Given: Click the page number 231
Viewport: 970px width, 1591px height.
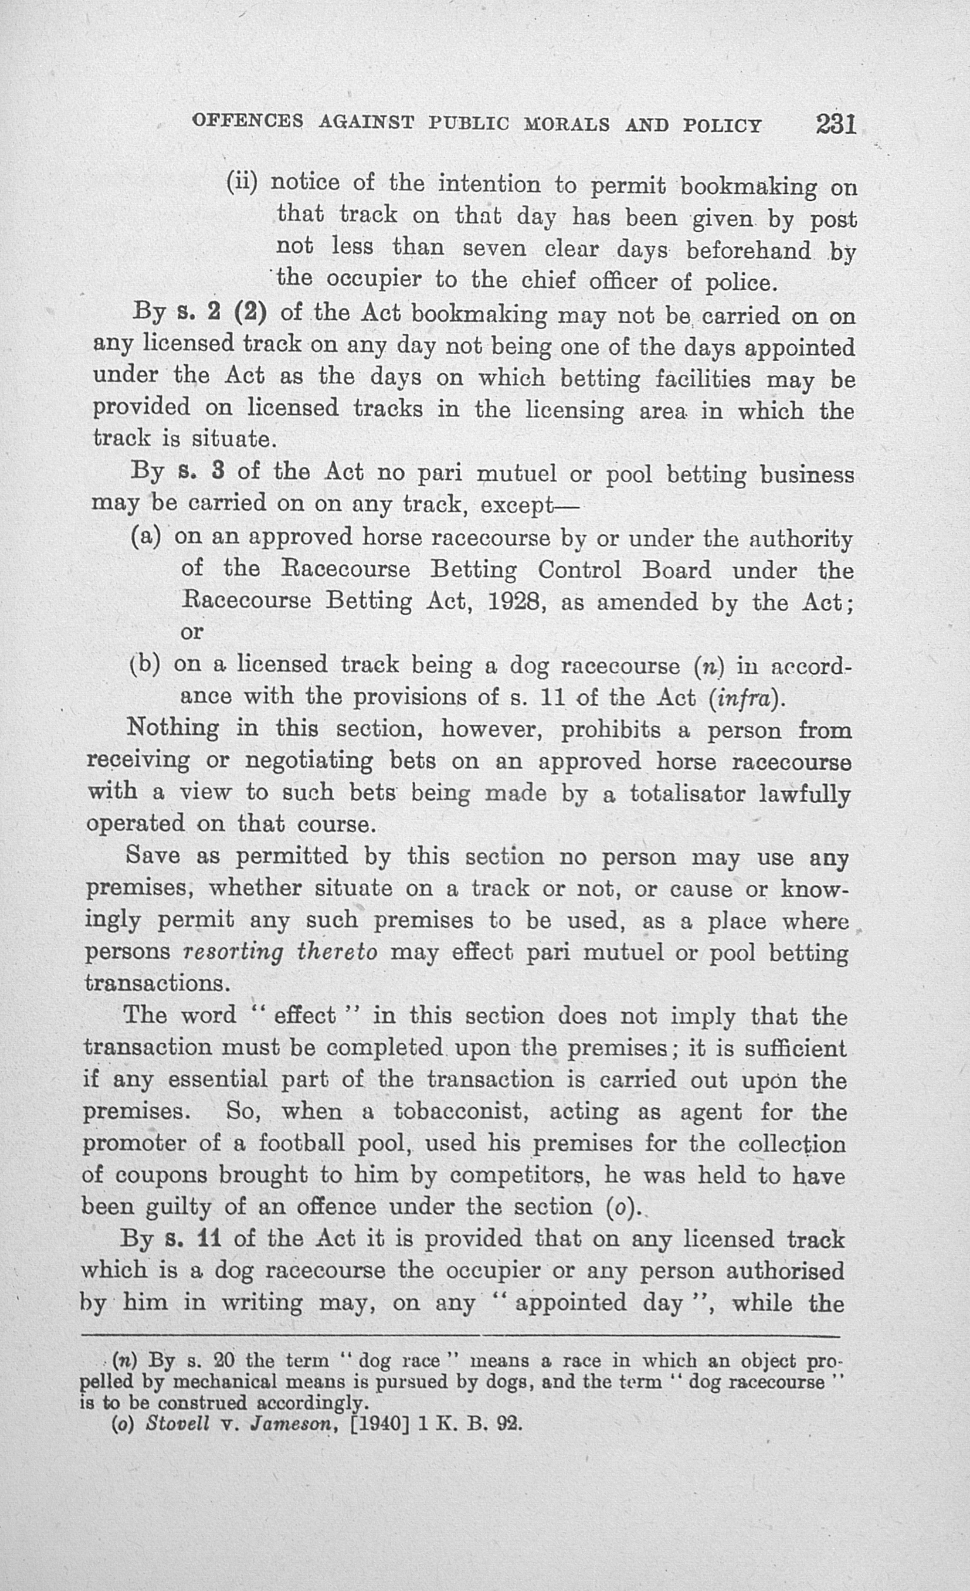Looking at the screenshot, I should coord(836,124).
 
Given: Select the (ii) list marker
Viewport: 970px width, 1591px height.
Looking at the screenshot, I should coord(242,184).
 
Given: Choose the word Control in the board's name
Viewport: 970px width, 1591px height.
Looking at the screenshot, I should coord(579,569).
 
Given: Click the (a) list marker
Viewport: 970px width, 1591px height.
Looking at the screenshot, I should coord(145,537).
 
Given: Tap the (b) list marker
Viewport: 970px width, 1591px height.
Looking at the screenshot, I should coord(145,664).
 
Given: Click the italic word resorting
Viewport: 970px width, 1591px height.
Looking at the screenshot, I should coord(233,952).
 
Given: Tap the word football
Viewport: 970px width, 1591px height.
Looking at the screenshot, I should coord(301,1143).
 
